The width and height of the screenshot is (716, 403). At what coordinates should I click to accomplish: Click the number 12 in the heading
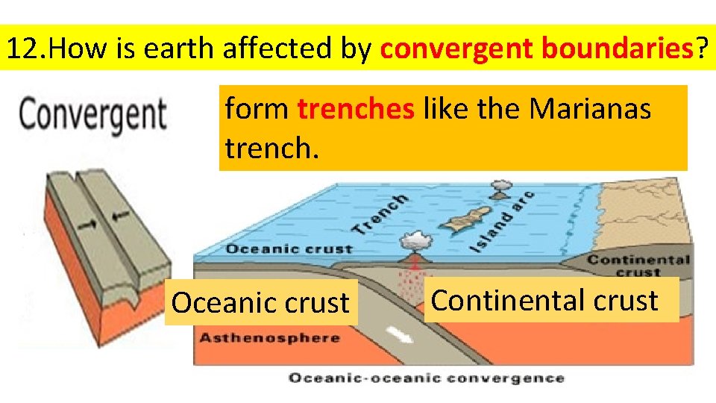21,49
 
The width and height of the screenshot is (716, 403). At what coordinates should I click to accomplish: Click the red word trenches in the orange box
357,110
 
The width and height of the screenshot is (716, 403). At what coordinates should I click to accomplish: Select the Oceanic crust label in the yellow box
260,302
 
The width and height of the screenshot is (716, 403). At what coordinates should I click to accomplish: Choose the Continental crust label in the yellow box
545,300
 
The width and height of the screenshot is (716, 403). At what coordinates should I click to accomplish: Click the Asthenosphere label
269,337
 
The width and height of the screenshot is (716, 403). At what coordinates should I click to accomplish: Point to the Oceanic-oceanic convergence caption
426,378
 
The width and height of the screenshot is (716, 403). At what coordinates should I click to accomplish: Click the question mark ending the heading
701,49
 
